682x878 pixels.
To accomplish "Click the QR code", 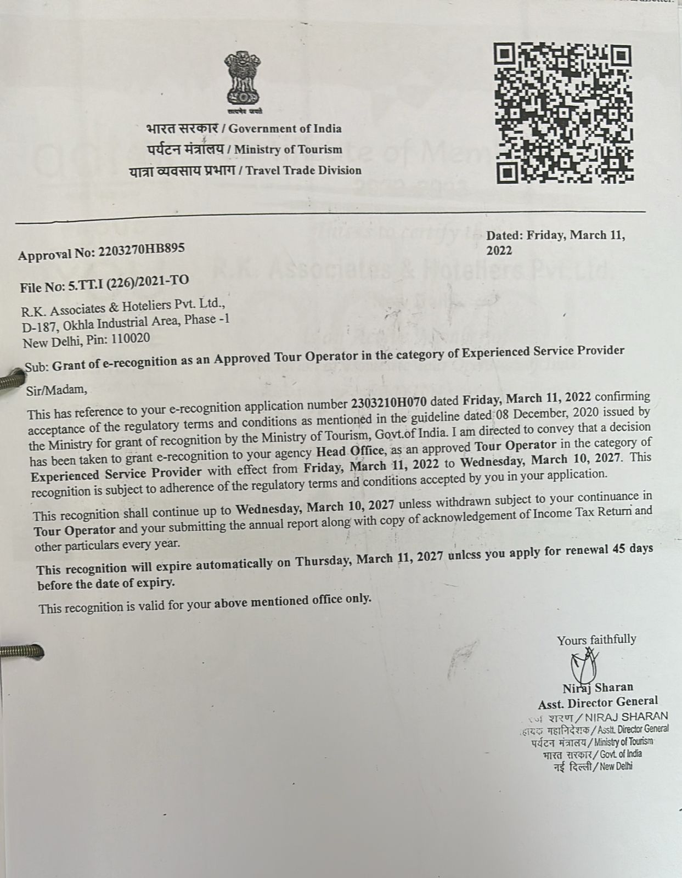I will (x=563, y=114).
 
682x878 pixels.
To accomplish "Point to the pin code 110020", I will (x=130, y=339).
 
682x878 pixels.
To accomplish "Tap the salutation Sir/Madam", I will (x=57, y=390).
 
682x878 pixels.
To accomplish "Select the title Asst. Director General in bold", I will (x=598, y=701).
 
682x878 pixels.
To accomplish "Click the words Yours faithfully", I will (x=596, y=640).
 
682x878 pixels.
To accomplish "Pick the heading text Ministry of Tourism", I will (x=288, y=149).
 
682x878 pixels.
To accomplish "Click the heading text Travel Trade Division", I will (x=303, y=170).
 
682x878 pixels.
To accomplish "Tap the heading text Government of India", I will (x=285, y=129).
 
